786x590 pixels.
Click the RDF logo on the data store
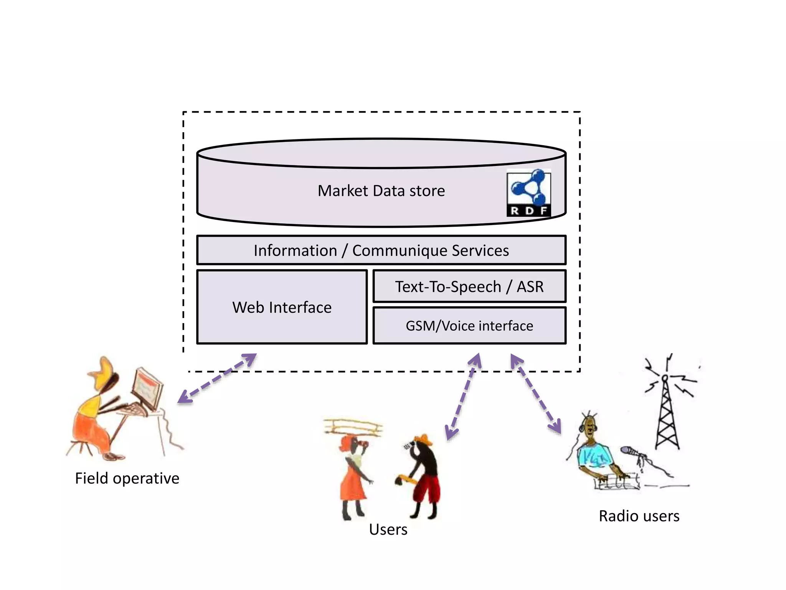(528, 193)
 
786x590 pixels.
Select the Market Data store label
(381, 191)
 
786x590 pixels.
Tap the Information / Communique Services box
(381, 250)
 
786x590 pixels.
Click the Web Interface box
(282, 307)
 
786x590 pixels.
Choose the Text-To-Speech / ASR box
(469, 287)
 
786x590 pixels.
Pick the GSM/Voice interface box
(469, 326)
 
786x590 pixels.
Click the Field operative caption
(127, 479)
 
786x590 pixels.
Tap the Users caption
(388, 530)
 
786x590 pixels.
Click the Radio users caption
(639, 516)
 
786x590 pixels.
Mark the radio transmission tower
(667, 411)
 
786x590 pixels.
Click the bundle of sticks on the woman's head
(353, 427)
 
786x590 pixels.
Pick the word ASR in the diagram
(530, 287)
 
